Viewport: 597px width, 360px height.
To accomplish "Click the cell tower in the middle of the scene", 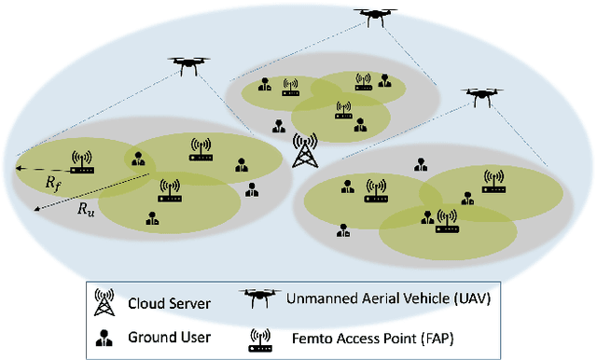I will click(304, 151).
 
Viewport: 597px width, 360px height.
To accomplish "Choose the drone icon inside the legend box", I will click(262, 299).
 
